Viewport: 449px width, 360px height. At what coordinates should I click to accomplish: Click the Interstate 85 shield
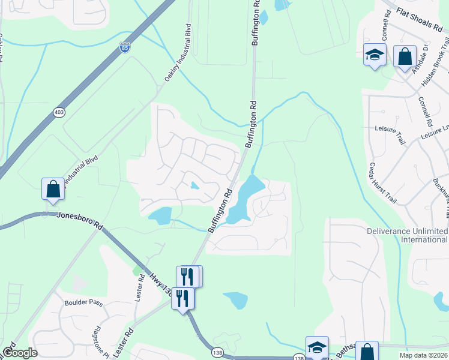[124, 47]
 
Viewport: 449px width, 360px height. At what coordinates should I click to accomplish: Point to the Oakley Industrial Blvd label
[177, 53]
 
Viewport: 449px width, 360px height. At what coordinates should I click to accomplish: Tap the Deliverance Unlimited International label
[408, 235]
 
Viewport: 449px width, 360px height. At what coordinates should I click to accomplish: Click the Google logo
[19, 353]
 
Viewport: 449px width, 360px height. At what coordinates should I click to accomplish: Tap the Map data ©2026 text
[424, 355]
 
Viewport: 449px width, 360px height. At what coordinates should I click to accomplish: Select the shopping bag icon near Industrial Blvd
[53, 189]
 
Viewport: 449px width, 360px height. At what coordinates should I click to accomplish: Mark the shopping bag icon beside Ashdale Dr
[405, 57]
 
